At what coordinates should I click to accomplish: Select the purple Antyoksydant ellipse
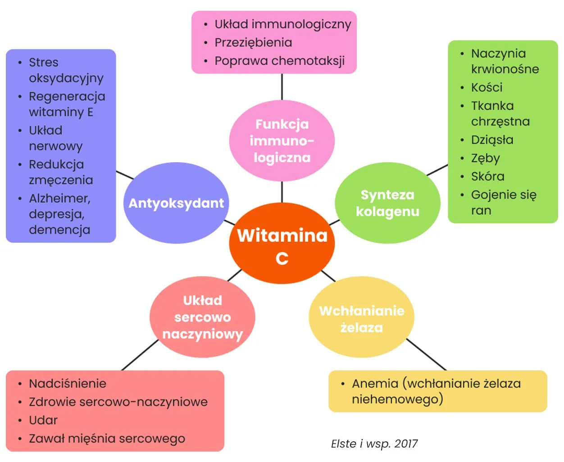click(x=176, y=203)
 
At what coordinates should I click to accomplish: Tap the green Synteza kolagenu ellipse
click(x=387, y=203)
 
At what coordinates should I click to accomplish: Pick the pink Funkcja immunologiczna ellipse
click(x=282, y=140)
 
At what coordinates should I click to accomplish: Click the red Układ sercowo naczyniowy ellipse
click(x=202, y=317)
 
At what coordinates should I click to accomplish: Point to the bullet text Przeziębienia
click(x=253, y=43)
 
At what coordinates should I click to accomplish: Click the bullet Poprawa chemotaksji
click(x=279, y=61)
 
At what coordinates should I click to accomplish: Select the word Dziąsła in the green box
click(x=492, y=140)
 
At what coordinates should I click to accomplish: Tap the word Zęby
click(x=485, y=159)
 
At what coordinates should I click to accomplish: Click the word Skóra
click(x=487, y=177)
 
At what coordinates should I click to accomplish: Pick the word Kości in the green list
click(x=487, y=87)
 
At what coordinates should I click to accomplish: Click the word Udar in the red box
click(x=43, y=420)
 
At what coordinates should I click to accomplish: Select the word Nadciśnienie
click(x=68, y=384)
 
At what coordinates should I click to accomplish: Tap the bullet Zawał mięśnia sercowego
click(x=107, y=439)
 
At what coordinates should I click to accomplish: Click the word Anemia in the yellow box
click(x=375, y=384)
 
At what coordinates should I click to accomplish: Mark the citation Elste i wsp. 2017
click(x=374, y=444)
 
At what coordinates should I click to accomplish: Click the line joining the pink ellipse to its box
click(x=282, y=87)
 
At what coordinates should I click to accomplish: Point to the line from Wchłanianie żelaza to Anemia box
click(x=426, y=354)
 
